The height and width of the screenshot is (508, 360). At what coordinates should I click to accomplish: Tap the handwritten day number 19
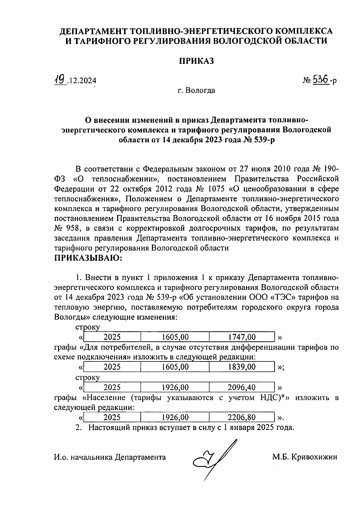click(x=60, y=80)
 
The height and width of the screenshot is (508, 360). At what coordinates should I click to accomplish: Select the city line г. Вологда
click(x=196, y=90)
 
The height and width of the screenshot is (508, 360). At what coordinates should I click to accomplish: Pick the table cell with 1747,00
click(x=242, y=337)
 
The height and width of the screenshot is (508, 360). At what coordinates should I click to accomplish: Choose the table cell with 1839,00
click(x=242, y=367)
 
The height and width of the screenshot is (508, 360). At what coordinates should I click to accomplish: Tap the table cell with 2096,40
click(x=242, y=388)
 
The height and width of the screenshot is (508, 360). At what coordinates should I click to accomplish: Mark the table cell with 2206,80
click(x=242, y=417)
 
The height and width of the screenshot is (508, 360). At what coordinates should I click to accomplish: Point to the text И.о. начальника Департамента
click(x=110, y=457)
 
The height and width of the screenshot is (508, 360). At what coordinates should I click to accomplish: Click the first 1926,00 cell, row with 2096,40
click(x=175, y=388)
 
